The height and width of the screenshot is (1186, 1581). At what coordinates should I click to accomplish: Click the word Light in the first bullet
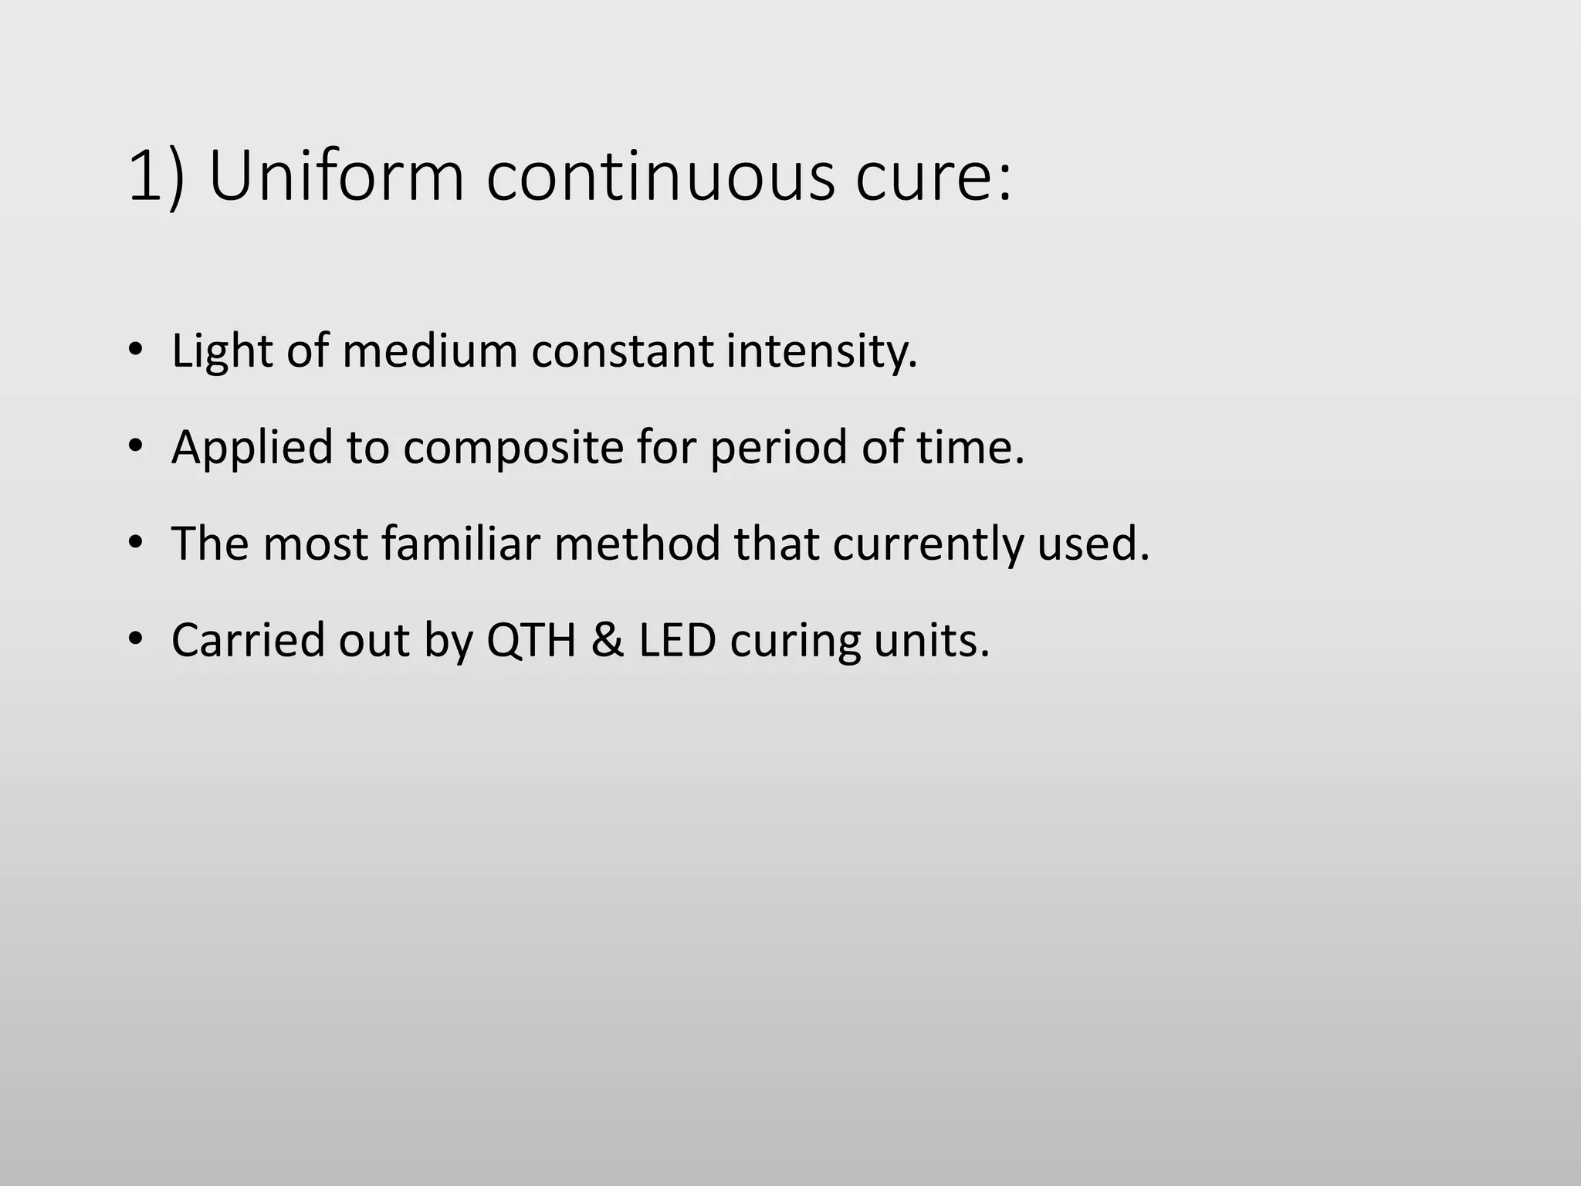coord(222,351)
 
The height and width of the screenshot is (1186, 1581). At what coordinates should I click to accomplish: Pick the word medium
coord(429,351)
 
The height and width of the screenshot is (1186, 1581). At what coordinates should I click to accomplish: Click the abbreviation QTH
coord(531,640)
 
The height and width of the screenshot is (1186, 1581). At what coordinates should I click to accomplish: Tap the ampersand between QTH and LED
coord(608,640)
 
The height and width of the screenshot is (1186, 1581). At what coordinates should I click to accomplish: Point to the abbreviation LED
coord(677,640)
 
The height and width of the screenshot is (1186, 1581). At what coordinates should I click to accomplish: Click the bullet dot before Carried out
coord(136,640)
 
